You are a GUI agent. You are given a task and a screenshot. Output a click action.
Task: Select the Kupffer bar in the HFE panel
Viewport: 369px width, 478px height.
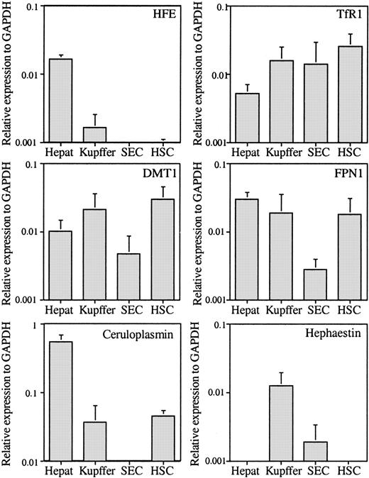[94, 134]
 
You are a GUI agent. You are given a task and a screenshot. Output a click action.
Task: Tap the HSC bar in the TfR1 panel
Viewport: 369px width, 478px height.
[341, 94]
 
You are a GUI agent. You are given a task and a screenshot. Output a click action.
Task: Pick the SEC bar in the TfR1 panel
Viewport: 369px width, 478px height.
[307, 102]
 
